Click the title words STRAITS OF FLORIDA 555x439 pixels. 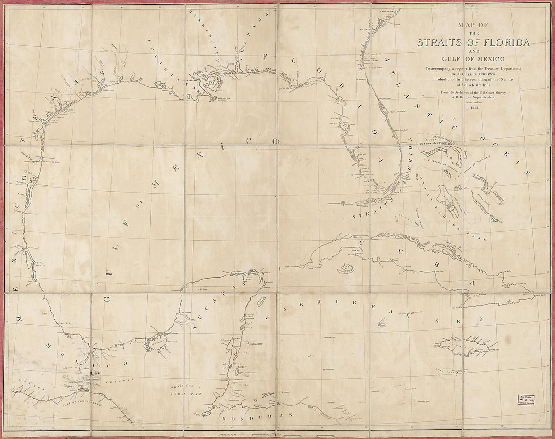pos(473,43)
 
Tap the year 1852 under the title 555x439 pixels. pos(474,107)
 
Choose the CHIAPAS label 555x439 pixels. pos(116,385)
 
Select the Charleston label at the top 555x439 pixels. pos(390,9)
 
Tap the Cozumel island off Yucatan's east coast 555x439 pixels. pos(261,302)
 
